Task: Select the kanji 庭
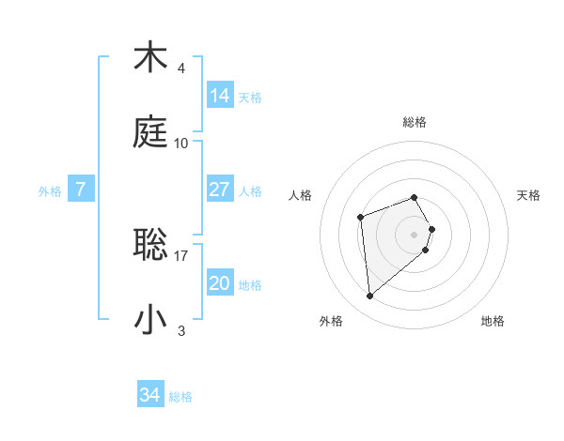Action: (x=150, y=132)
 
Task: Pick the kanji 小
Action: (x=150, y=319)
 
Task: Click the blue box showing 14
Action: (x=220, y=96)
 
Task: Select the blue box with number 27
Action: (x=220, y=190)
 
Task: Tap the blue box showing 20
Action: (x=220, y=283)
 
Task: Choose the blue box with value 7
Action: (x=81, y=190)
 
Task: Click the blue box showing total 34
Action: (x=150, y=395)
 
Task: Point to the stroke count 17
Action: (x=181, y=254)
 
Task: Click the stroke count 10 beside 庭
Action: (x=181, y=144)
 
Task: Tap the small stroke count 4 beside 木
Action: (x=181, y=68)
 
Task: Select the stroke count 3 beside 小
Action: (x=181, y=330)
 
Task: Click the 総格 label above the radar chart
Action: (x=415, y=122)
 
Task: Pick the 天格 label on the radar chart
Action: (x=528, y=195)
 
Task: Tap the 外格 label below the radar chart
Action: (x=331, y=321)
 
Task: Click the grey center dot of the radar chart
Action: (x=415, y=233)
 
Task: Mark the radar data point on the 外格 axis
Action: (x=370, y=296)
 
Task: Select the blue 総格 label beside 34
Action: (x=180, y=397)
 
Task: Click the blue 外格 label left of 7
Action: (x=50, y=191)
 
